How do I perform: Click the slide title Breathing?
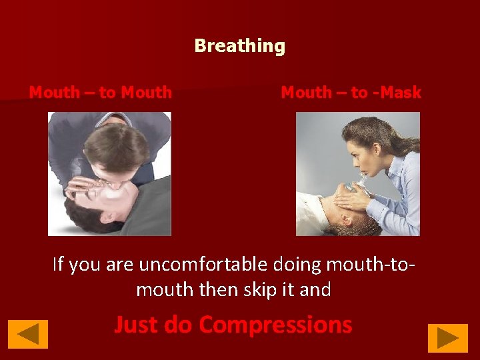240,46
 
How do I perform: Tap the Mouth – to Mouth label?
101,93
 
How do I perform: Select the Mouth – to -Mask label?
351,93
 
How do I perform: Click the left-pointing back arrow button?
28,335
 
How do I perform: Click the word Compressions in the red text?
275,325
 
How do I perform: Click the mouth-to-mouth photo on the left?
109,173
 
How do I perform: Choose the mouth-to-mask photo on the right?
358,173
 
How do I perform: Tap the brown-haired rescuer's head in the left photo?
120,150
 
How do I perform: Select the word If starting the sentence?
59,265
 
